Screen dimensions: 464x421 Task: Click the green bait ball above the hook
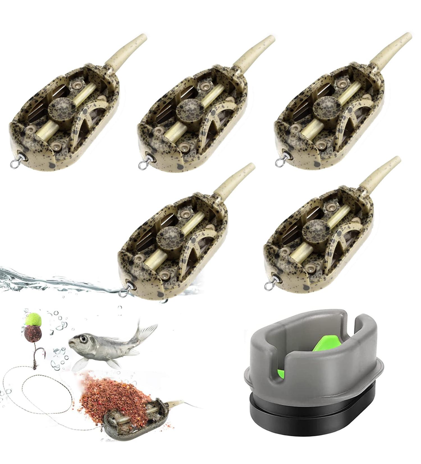pyautogui.click(x=33, y=320)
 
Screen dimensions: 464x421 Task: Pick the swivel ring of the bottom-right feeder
pyautogui.click(x=269, y=285)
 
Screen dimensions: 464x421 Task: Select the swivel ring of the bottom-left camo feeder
pyautogui.click(x=123, y=292)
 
